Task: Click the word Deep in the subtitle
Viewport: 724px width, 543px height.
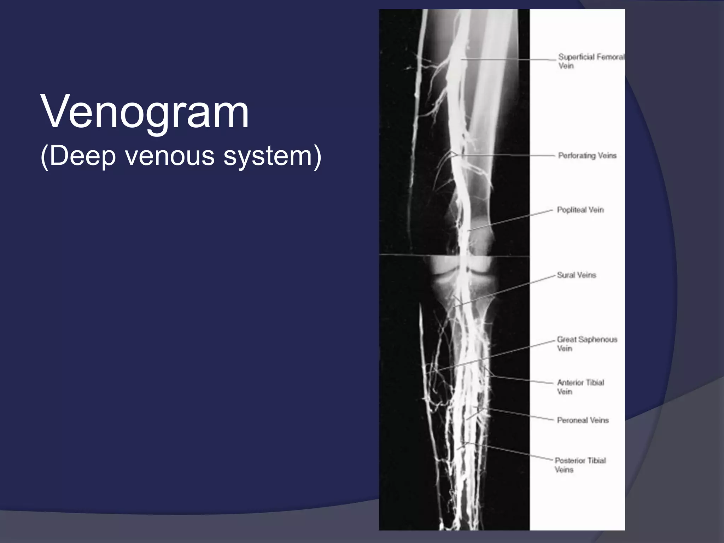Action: [83, 156]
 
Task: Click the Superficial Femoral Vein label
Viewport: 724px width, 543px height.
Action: [590, 61]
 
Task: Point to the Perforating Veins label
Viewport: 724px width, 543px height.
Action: [587, 156]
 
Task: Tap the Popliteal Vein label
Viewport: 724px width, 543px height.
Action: [580, 210]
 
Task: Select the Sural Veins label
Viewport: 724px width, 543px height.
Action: [576, 275]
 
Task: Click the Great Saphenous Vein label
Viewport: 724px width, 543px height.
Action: [586, 344]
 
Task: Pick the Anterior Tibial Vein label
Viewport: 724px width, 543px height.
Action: [580, 387]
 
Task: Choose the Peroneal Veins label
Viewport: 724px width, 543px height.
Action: [583, 420]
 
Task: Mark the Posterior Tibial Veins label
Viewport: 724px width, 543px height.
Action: [580, 465]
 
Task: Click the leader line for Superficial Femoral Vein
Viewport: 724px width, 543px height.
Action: [509, 60]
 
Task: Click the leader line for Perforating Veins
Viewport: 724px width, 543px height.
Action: [506, 155]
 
